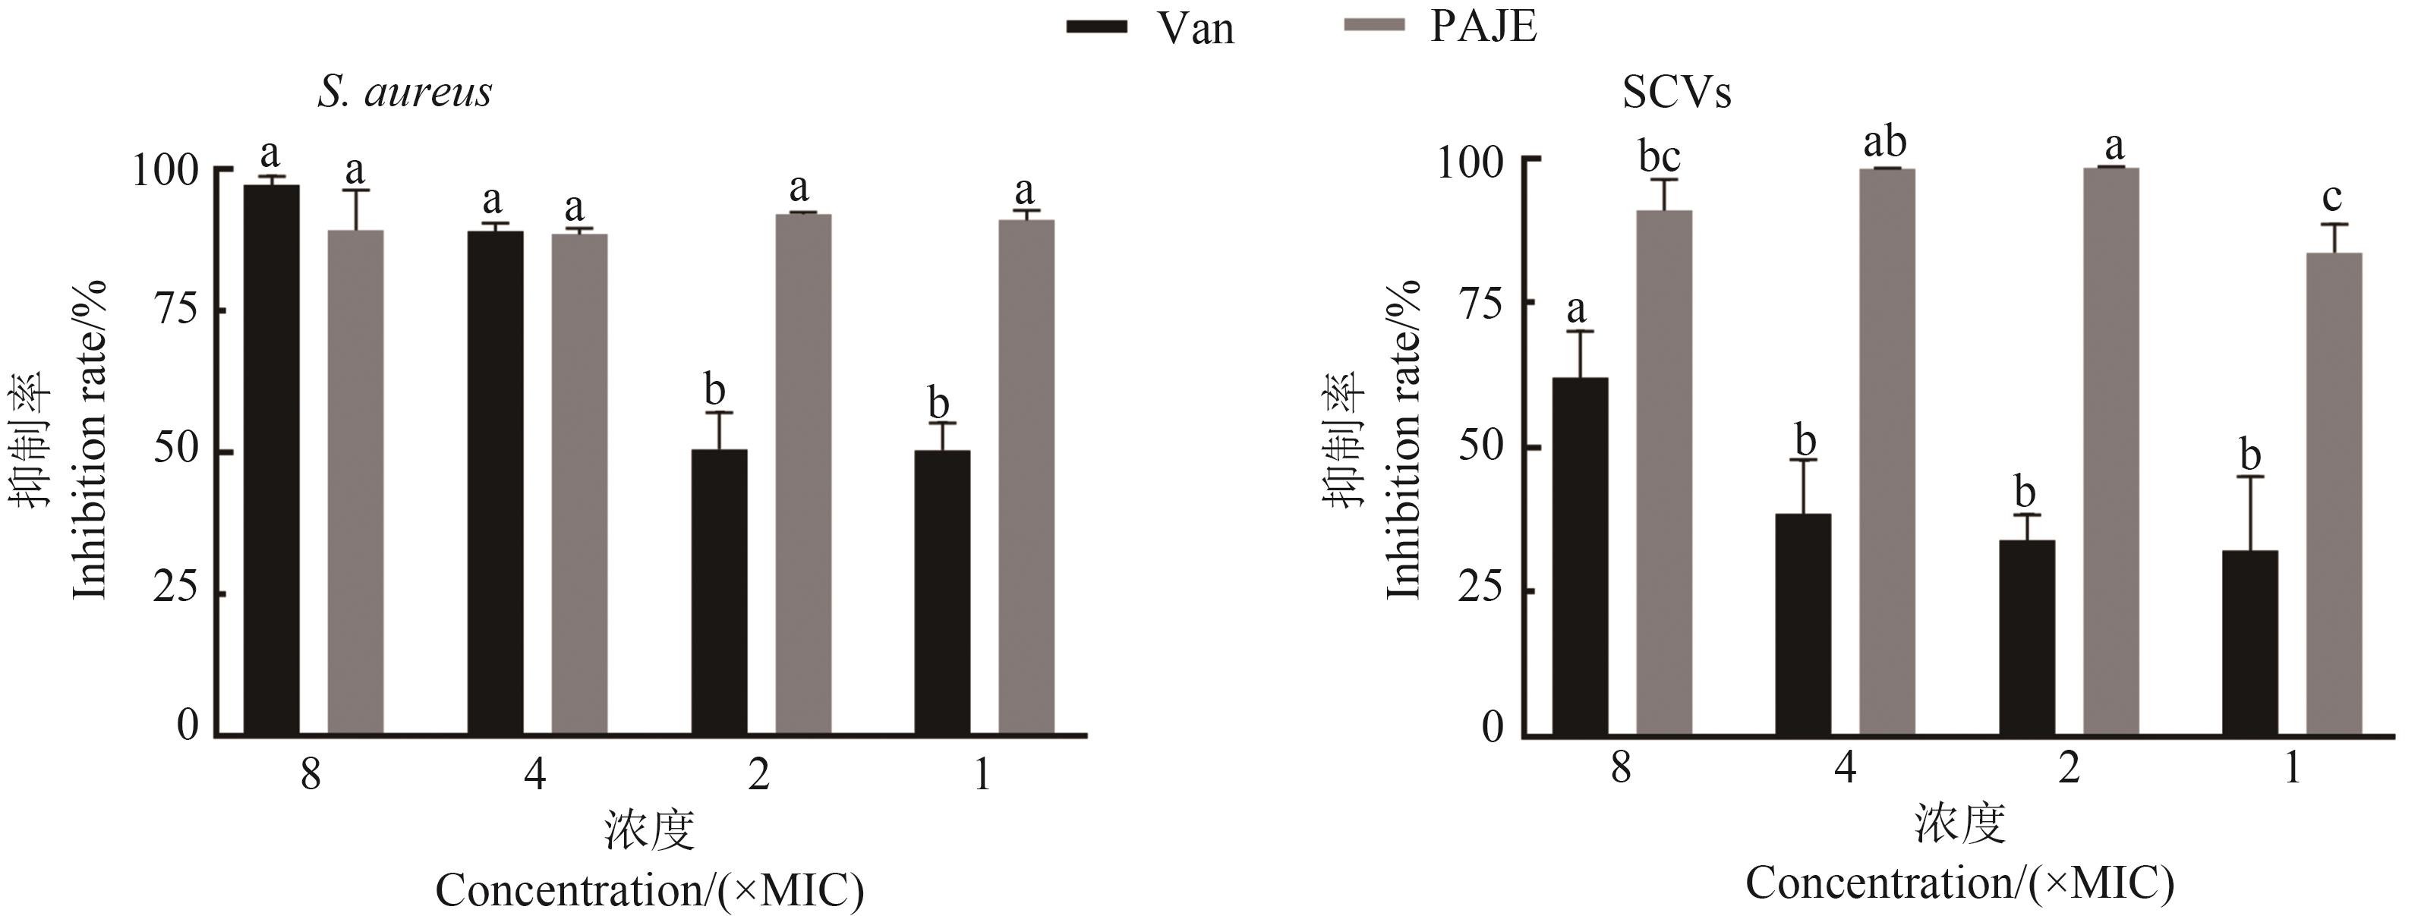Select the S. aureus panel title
coord(404,92)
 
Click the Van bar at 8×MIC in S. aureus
coord(272,461)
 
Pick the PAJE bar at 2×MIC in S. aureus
coord(802,474)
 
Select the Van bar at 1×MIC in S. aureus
coord(941,592)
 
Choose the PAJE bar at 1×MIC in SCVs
coord(2334,493)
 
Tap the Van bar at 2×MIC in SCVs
coord(2026,637)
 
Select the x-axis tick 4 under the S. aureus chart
coord(534,775)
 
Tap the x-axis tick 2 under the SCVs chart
coord(2068,770)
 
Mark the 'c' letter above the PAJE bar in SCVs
coord(2331,197)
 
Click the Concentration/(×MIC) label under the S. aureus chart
coord(648,889)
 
